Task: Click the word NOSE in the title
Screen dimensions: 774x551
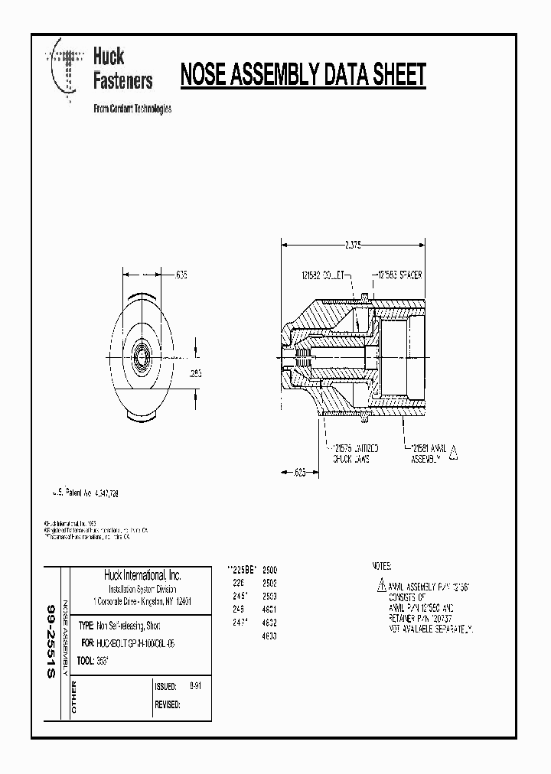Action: [204, 75]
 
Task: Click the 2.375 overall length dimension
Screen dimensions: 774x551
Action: [352, 245]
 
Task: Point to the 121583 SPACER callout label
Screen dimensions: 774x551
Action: [398, 273]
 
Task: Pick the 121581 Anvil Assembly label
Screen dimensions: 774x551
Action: [428, 453]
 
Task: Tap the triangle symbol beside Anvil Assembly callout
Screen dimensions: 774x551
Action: [453, 453]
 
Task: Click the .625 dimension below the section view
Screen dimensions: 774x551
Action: [301, 473]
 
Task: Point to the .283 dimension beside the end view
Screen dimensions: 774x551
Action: [197, 374]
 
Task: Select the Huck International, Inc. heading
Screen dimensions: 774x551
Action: [142, 575]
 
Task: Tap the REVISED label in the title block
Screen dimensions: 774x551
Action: [167, 704]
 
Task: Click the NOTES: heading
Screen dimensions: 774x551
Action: [381, 567]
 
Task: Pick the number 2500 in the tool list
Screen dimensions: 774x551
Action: [269, 571]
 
